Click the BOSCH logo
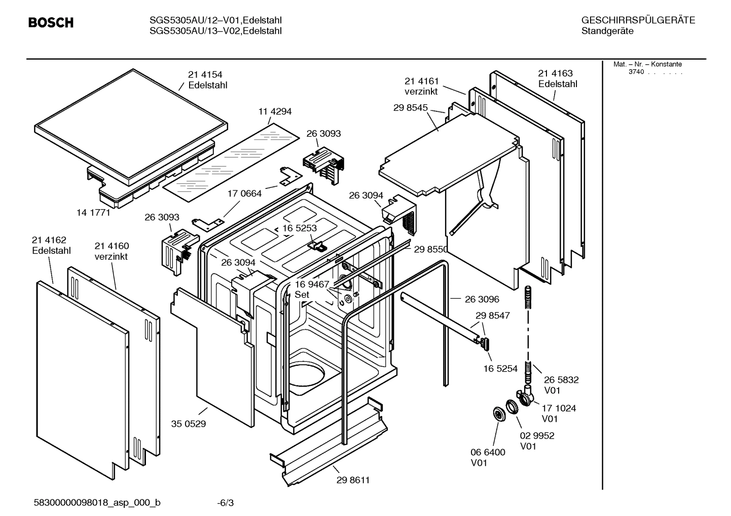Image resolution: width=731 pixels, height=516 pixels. (51, 23)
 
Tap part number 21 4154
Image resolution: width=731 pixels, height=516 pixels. (205, 75)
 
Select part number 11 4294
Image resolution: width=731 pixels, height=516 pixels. (275, 111)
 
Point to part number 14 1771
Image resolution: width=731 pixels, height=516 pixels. (93, 213)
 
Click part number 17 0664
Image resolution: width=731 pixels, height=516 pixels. (244, 193)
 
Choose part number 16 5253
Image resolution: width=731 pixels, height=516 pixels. (300, 228)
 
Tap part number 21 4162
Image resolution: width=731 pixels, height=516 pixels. (49, 240)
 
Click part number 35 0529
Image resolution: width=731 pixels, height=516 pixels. (189, 424)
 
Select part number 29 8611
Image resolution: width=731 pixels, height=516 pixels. (353, 480)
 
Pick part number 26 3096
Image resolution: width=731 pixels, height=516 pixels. (482, 299)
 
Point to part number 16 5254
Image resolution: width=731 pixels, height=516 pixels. (500, 369)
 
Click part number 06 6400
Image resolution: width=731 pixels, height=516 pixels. (488, 452)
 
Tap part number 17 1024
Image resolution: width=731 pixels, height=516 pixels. (559, 408)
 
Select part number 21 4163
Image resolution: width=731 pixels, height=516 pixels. (555, 73)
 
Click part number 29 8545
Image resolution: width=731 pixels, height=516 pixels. (411, 108)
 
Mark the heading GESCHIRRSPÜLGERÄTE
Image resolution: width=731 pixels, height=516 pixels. (638, 20)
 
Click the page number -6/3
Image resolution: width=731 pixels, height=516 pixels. (225, 503)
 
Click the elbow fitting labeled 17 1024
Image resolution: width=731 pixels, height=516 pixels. (525, 396)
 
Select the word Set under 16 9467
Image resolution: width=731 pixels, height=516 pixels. (302, 295)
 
